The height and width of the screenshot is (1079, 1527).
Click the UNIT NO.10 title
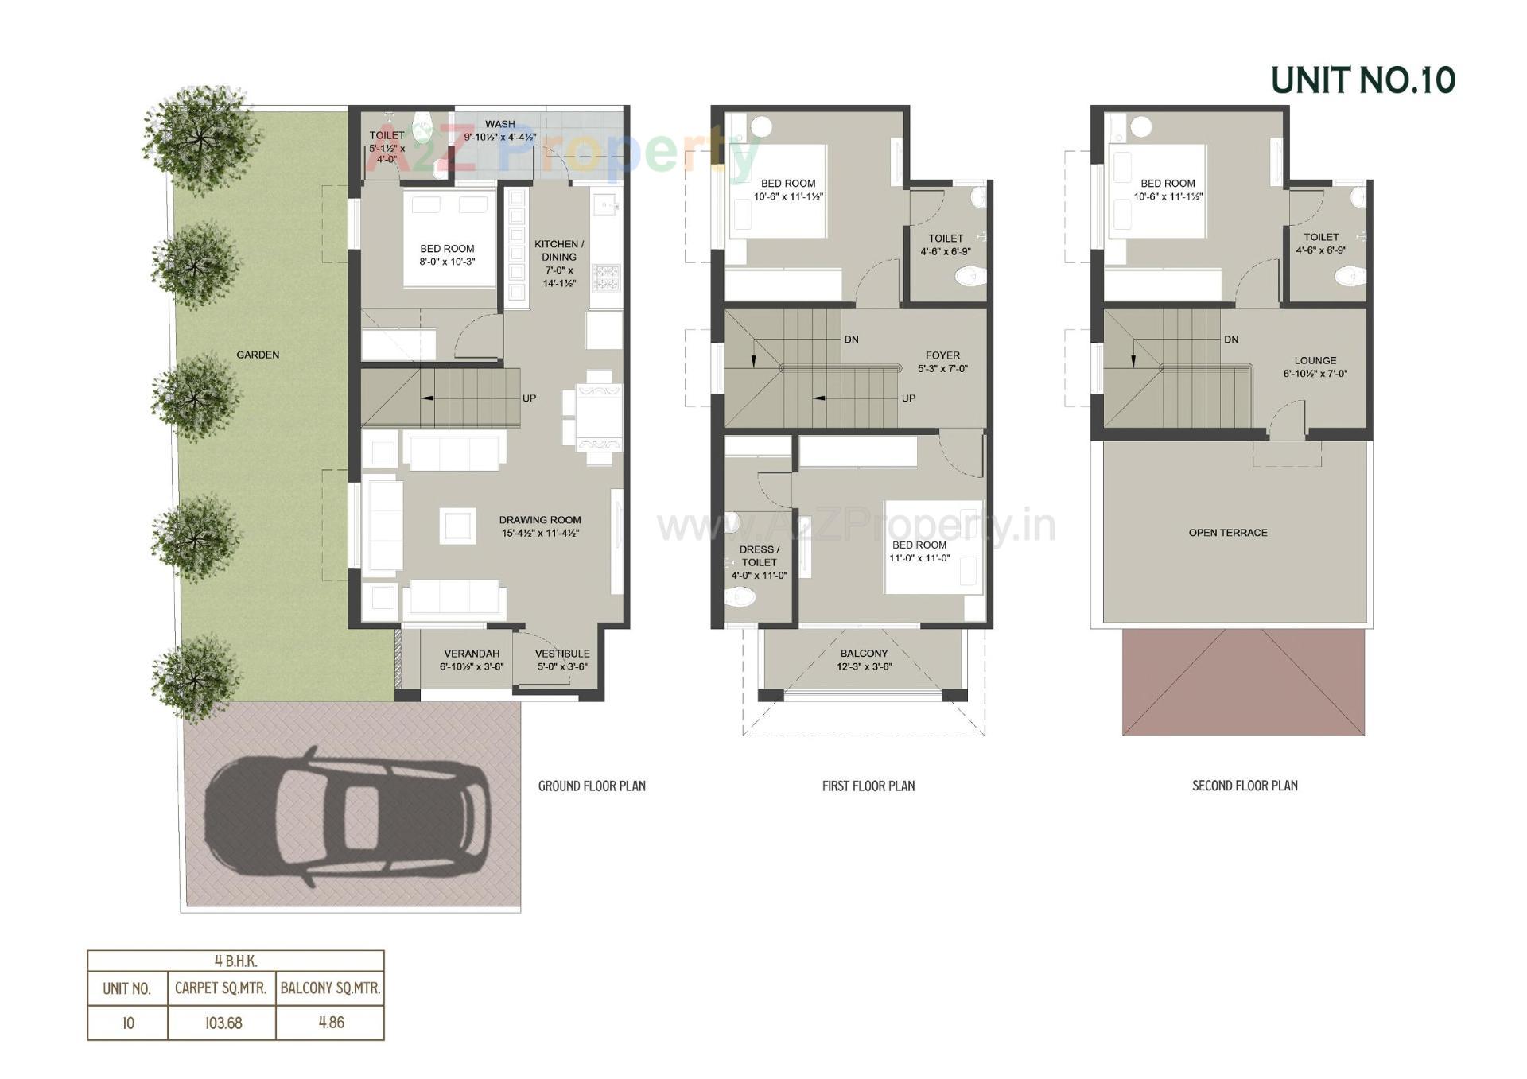tap(1362, 80)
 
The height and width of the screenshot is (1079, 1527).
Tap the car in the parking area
tap(348, 817)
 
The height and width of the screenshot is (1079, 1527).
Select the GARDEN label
tap(258, 355)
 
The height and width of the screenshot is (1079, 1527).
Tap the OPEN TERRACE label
tap(1228, 533)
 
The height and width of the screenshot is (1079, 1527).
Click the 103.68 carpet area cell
tap(223, 1023)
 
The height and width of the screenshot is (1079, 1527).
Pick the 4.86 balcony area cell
tap(331, 1023)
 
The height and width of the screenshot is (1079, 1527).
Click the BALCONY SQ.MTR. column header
tap(330, 988)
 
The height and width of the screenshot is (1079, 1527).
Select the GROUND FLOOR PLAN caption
tap(592, 786)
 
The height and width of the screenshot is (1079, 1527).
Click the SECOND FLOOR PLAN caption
tap(1245, 786)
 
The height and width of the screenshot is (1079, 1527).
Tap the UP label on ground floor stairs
tap(529, 398)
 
